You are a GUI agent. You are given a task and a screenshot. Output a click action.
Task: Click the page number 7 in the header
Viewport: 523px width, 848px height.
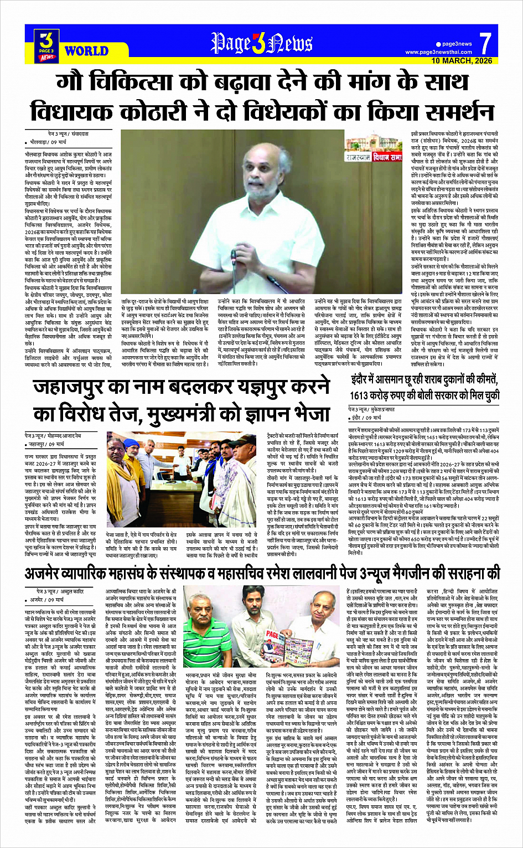click(x=485, y=42)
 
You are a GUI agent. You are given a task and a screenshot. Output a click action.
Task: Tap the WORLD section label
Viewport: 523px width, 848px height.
click(x=86, y=52)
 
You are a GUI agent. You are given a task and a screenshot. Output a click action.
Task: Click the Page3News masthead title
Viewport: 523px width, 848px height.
click(x=262, y=43)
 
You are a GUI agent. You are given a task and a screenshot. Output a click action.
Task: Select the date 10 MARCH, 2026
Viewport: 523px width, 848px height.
click(x=462, y=60)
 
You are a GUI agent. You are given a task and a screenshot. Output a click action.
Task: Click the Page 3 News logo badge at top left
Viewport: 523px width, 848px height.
click(x=47, y=45)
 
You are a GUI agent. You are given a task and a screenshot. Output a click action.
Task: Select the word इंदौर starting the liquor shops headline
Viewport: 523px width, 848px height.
click(x=363, y=379)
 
